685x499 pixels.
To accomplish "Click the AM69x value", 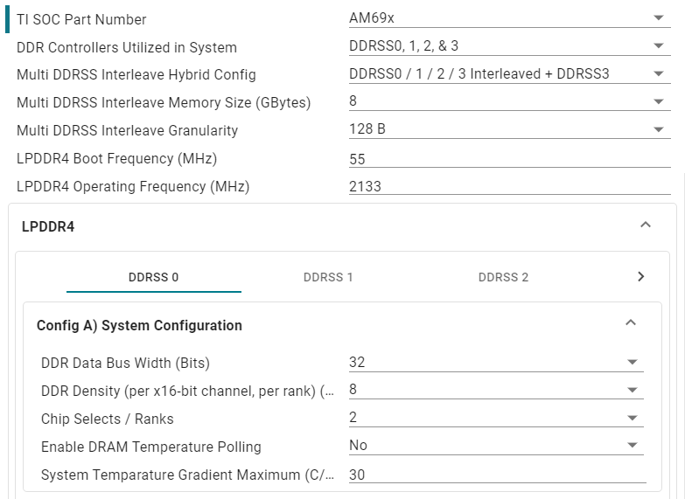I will point(366,18).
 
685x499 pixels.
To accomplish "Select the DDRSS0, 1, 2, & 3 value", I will point(403,46).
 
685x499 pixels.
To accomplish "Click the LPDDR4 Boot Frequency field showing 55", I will point(357,159).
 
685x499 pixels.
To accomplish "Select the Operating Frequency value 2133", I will point(365,186).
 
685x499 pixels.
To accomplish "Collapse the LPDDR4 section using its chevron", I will point(646,225).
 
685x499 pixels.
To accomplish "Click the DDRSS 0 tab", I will point(153,277).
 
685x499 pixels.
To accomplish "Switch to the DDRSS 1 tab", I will point(328,277).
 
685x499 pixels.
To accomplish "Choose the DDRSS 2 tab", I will point(503,277).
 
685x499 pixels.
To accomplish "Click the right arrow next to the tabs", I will point(640,277).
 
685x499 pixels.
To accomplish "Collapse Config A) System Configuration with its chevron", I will point(630,323).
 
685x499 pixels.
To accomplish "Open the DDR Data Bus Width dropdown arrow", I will point(632,363).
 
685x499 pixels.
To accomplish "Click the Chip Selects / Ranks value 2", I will point(353,418).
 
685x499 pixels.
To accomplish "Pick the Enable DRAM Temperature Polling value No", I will point(358,446).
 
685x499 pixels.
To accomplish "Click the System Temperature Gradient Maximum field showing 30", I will point(357,475).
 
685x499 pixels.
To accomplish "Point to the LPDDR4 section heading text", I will point(47,226).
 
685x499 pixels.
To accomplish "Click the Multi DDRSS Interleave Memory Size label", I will point(164,102).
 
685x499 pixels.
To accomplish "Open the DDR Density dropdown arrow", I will point(632,391).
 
